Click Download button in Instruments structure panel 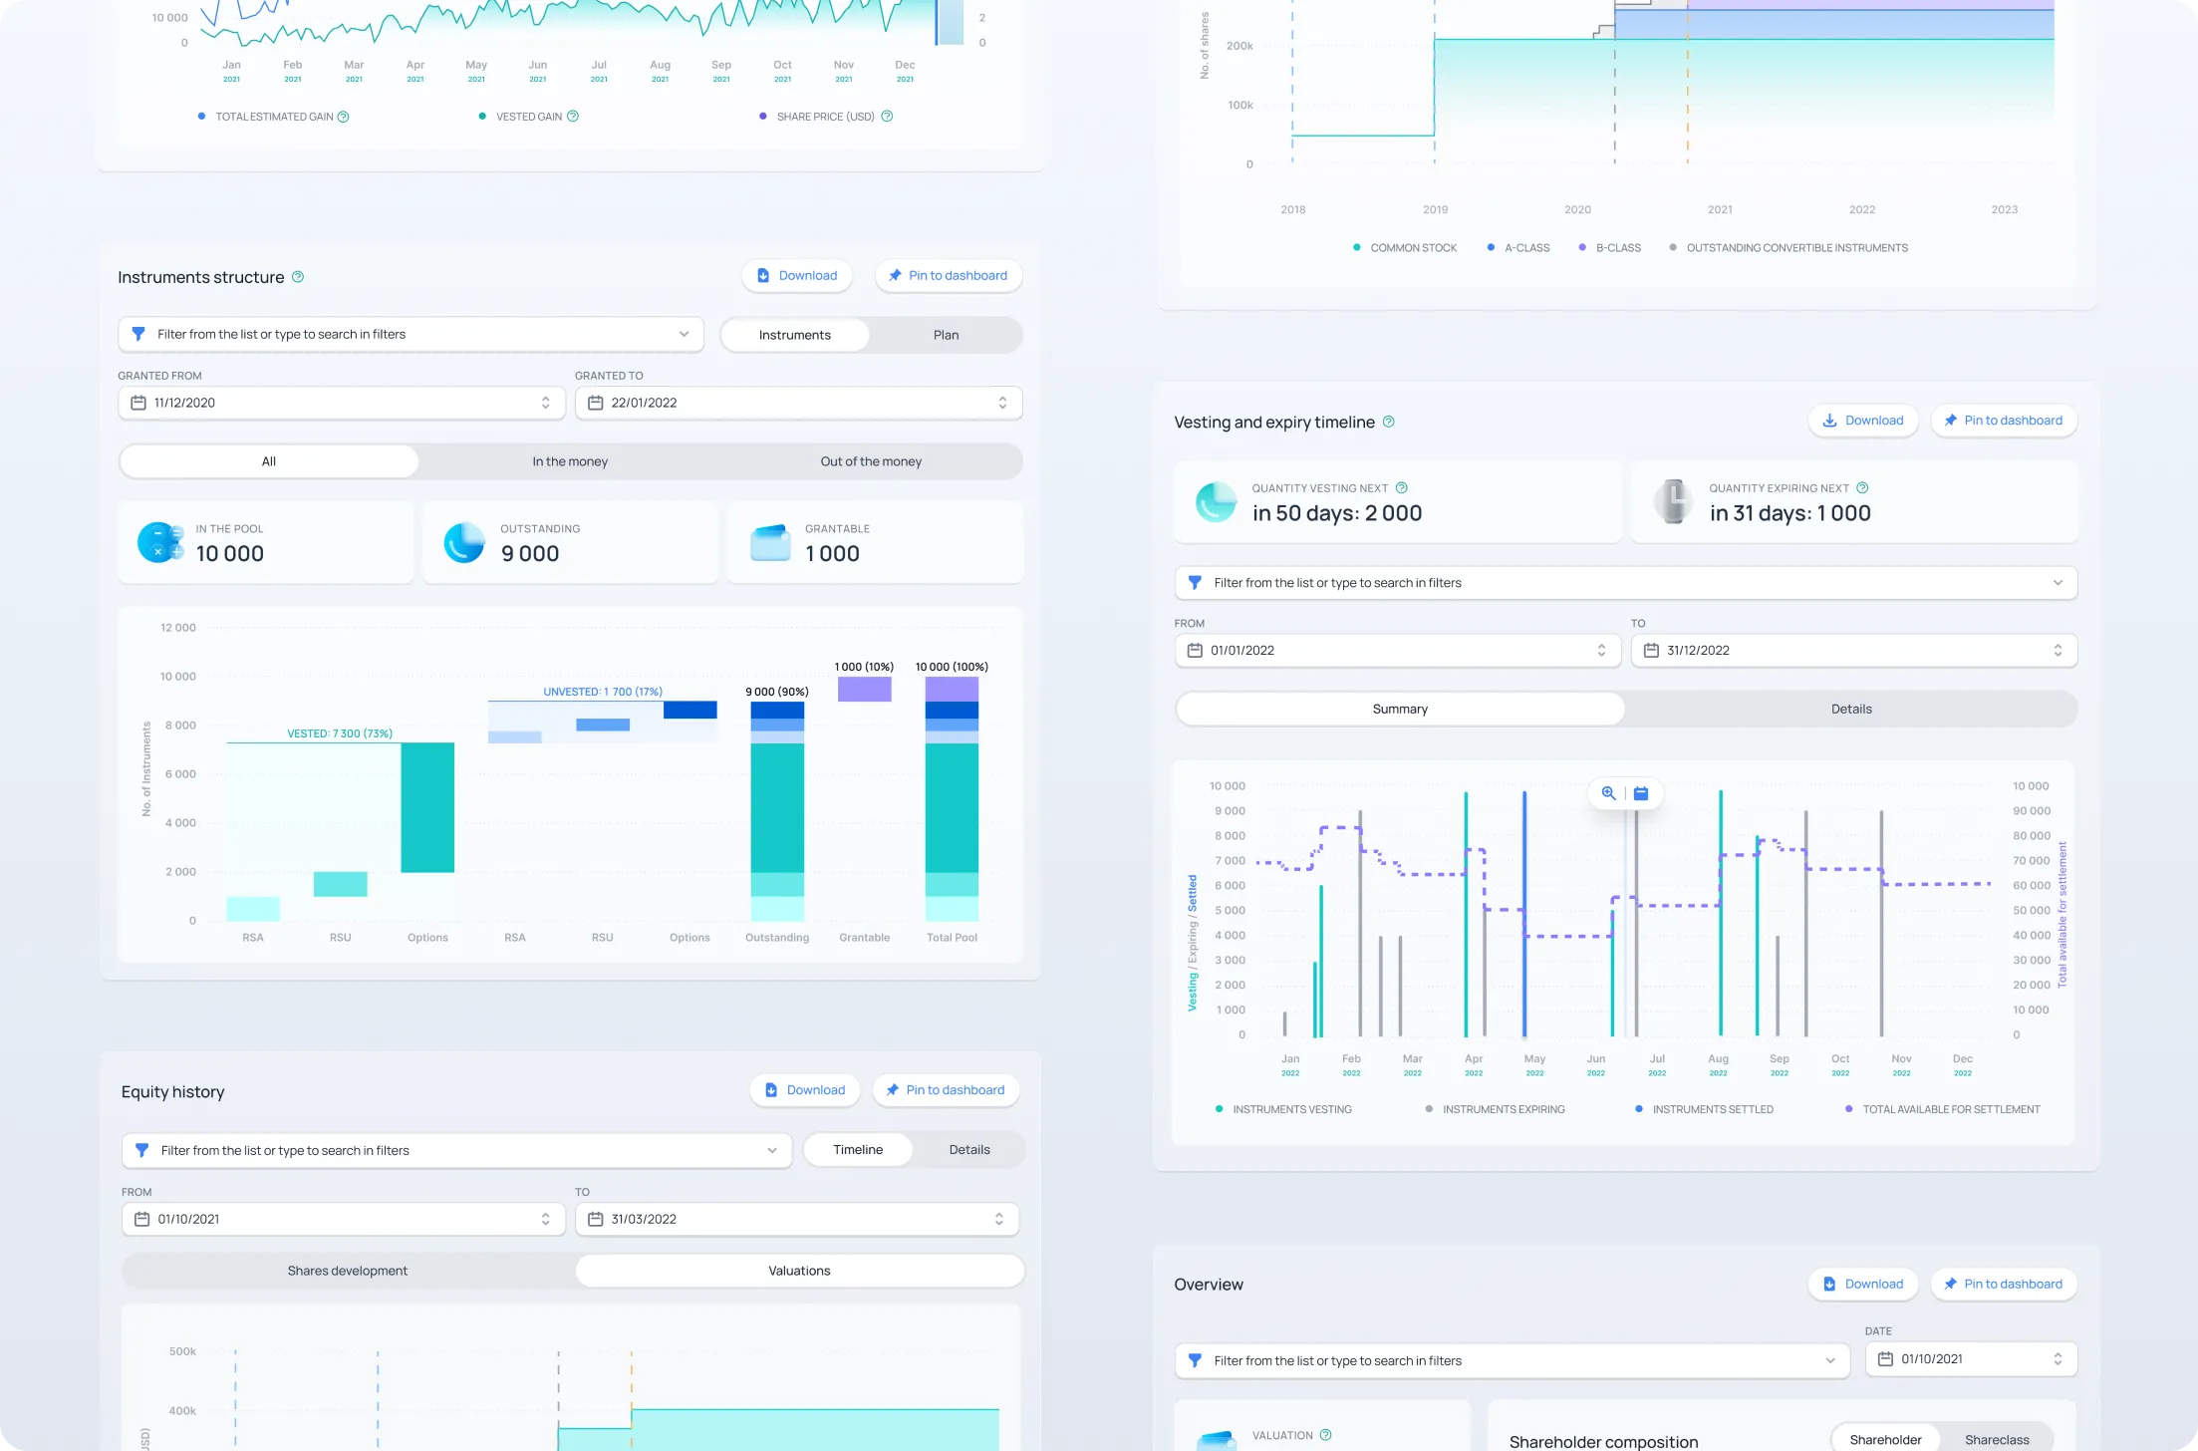click(x=796, y=276)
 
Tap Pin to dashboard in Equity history click(x=945, y=1090)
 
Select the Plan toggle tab click(x=945, y=335)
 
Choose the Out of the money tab click(x=870, y=461)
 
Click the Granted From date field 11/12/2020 click(x=341, y=403)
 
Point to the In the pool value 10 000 click(x=229, y=554)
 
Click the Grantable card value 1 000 click(x=832, y=554)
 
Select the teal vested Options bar click(x=427, y=807)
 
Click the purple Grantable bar click(x=864, y=690)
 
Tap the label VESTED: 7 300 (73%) click(x=340, y=733)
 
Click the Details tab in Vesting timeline click(x=1850, y=710)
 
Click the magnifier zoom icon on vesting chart click(x=1608, y=793)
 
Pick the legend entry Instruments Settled click(x=1712, y=1109)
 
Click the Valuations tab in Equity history click(x=798, y=1271)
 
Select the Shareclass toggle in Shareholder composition click(x=1996, y=1440)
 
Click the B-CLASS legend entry click(x=1617, y=248)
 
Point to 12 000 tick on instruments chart click(x=177, y=628)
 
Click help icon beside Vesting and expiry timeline click(x=1388, y=423)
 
